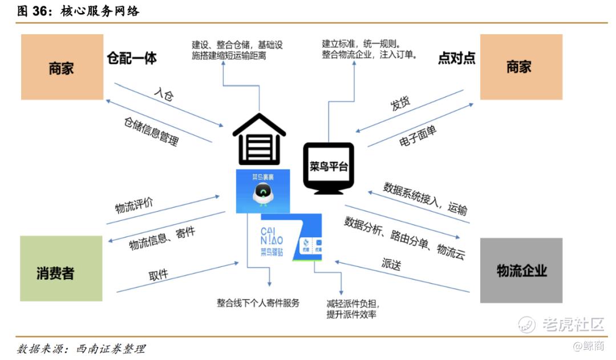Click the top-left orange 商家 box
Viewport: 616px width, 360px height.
click(x=62, y=67)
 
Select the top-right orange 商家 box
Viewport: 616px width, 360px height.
click(x=521, y=67)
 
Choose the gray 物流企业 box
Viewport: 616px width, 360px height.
click(x=521, y=270)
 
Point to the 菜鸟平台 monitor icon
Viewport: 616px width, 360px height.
click(x=329, y=167)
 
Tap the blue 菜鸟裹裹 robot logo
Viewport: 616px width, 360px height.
click(x=262, y=191)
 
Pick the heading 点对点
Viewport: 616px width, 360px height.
click(x=456, y=58)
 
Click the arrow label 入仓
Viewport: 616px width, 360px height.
click(x=164, y=95)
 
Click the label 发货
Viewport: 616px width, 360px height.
click(x=400, y=105)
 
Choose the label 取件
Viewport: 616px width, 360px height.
click(x=159, y=274)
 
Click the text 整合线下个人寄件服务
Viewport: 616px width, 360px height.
click(x=258, y=303)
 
